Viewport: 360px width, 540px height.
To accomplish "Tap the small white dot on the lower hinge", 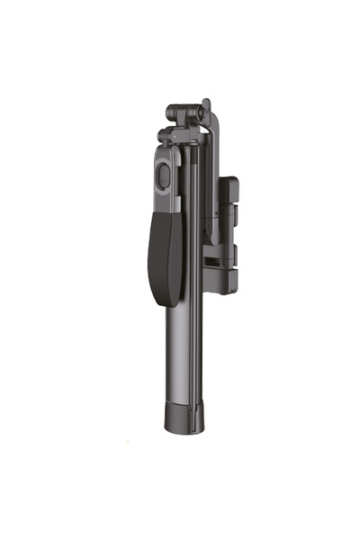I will tap(162, 137).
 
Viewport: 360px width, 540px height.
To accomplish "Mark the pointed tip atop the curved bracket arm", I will tap(206, 103).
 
